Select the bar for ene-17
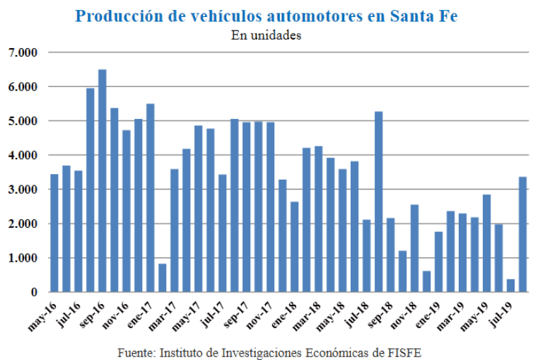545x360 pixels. (x=151, y=198)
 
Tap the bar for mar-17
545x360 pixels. (x=175, y=231)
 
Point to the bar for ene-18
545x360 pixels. (x=295, y=247)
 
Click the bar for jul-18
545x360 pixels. (x=366, y=256)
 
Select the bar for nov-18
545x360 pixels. (x=414, y=248)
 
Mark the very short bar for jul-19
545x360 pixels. (x=510, y=285)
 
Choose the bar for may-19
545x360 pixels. (x=486, y=243)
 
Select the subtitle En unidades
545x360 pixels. (x=266, y=35)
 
